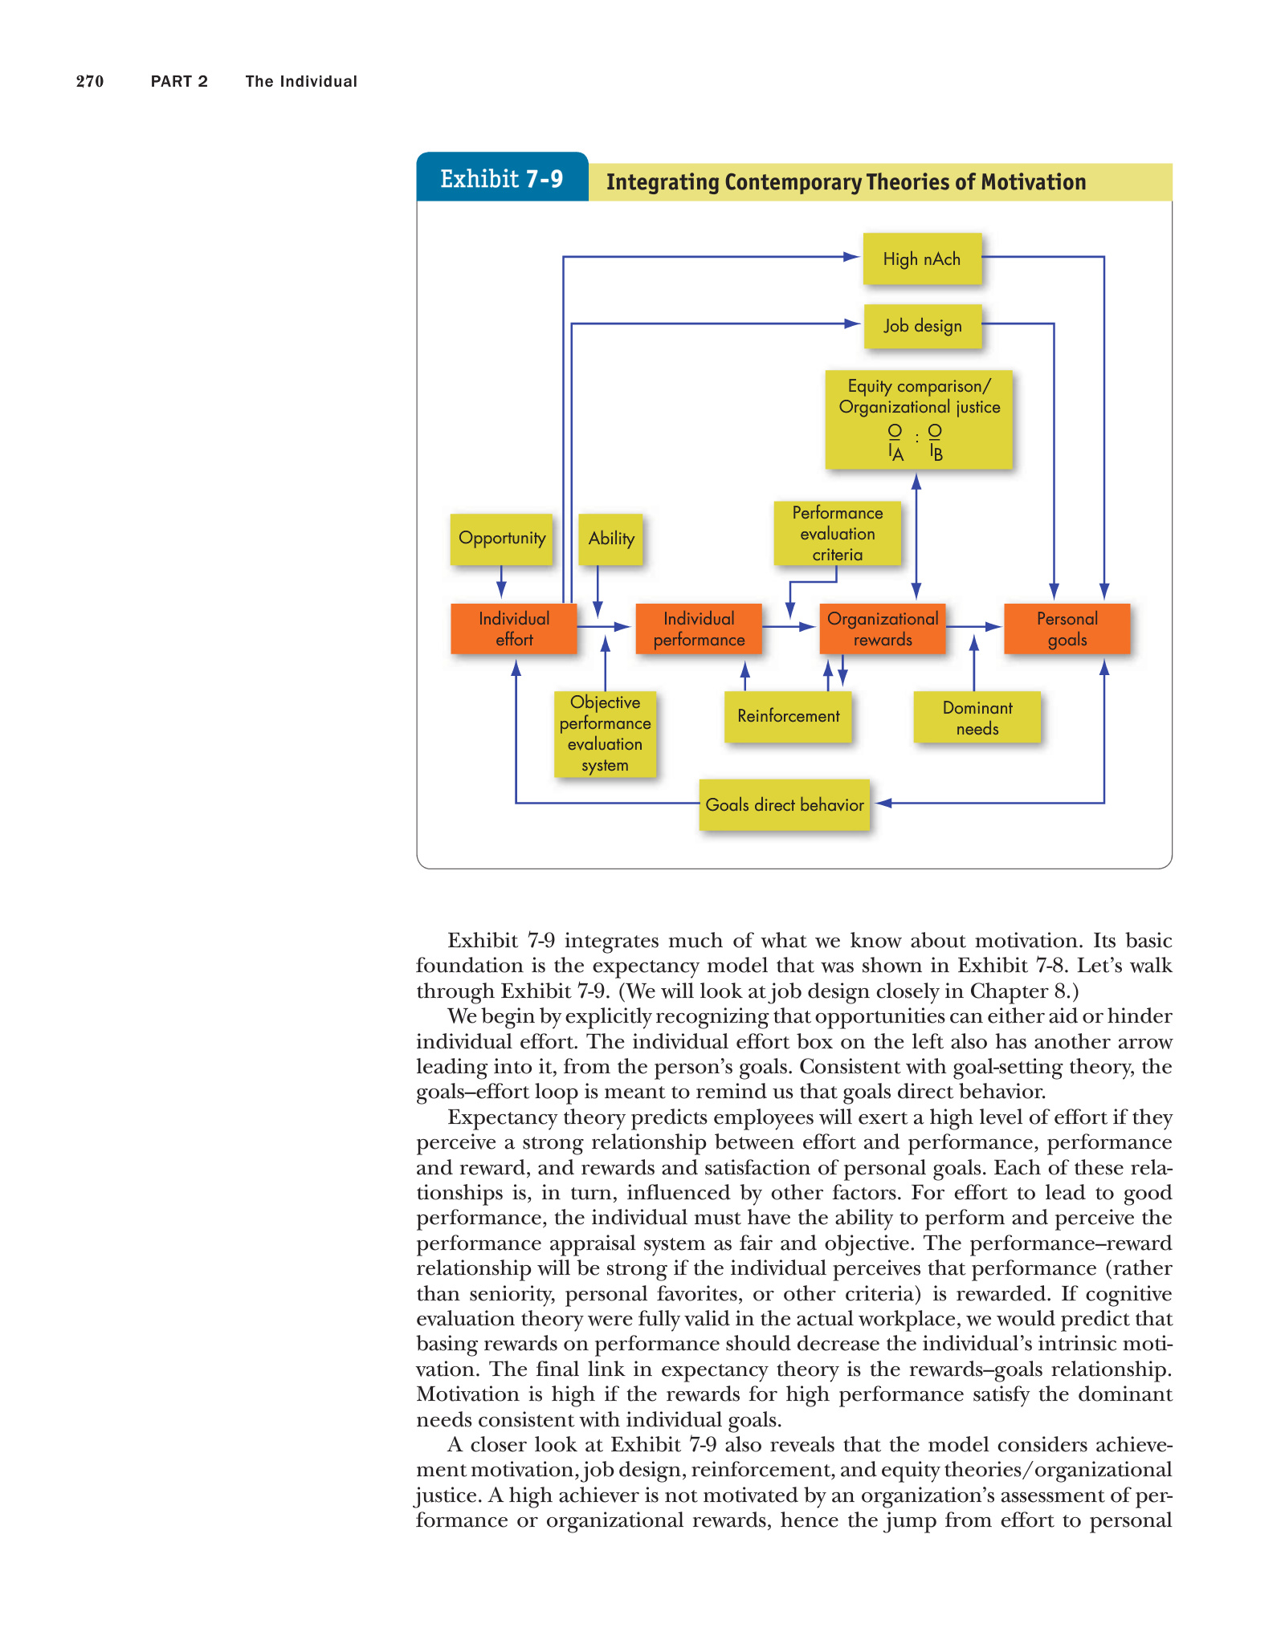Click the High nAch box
point(922,258)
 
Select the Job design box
point(923,326)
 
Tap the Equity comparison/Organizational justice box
point(919,419)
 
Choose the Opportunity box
point(501,539)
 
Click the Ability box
point(610,539)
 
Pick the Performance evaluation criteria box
point(837,533)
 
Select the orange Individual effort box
point(514,629)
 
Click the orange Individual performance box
point(699,629)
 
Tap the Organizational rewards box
point(883,629)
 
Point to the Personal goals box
point(1067,629)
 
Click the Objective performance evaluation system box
point(605,734)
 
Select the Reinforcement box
point(788,716)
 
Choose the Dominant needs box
point(977,718)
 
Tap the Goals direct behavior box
point(785,804)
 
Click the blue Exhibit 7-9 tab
point(502,178)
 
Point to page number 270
point(90,81)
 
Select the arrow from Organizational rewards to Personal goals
point(974,626)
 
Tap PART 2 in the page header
point(179,81)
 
